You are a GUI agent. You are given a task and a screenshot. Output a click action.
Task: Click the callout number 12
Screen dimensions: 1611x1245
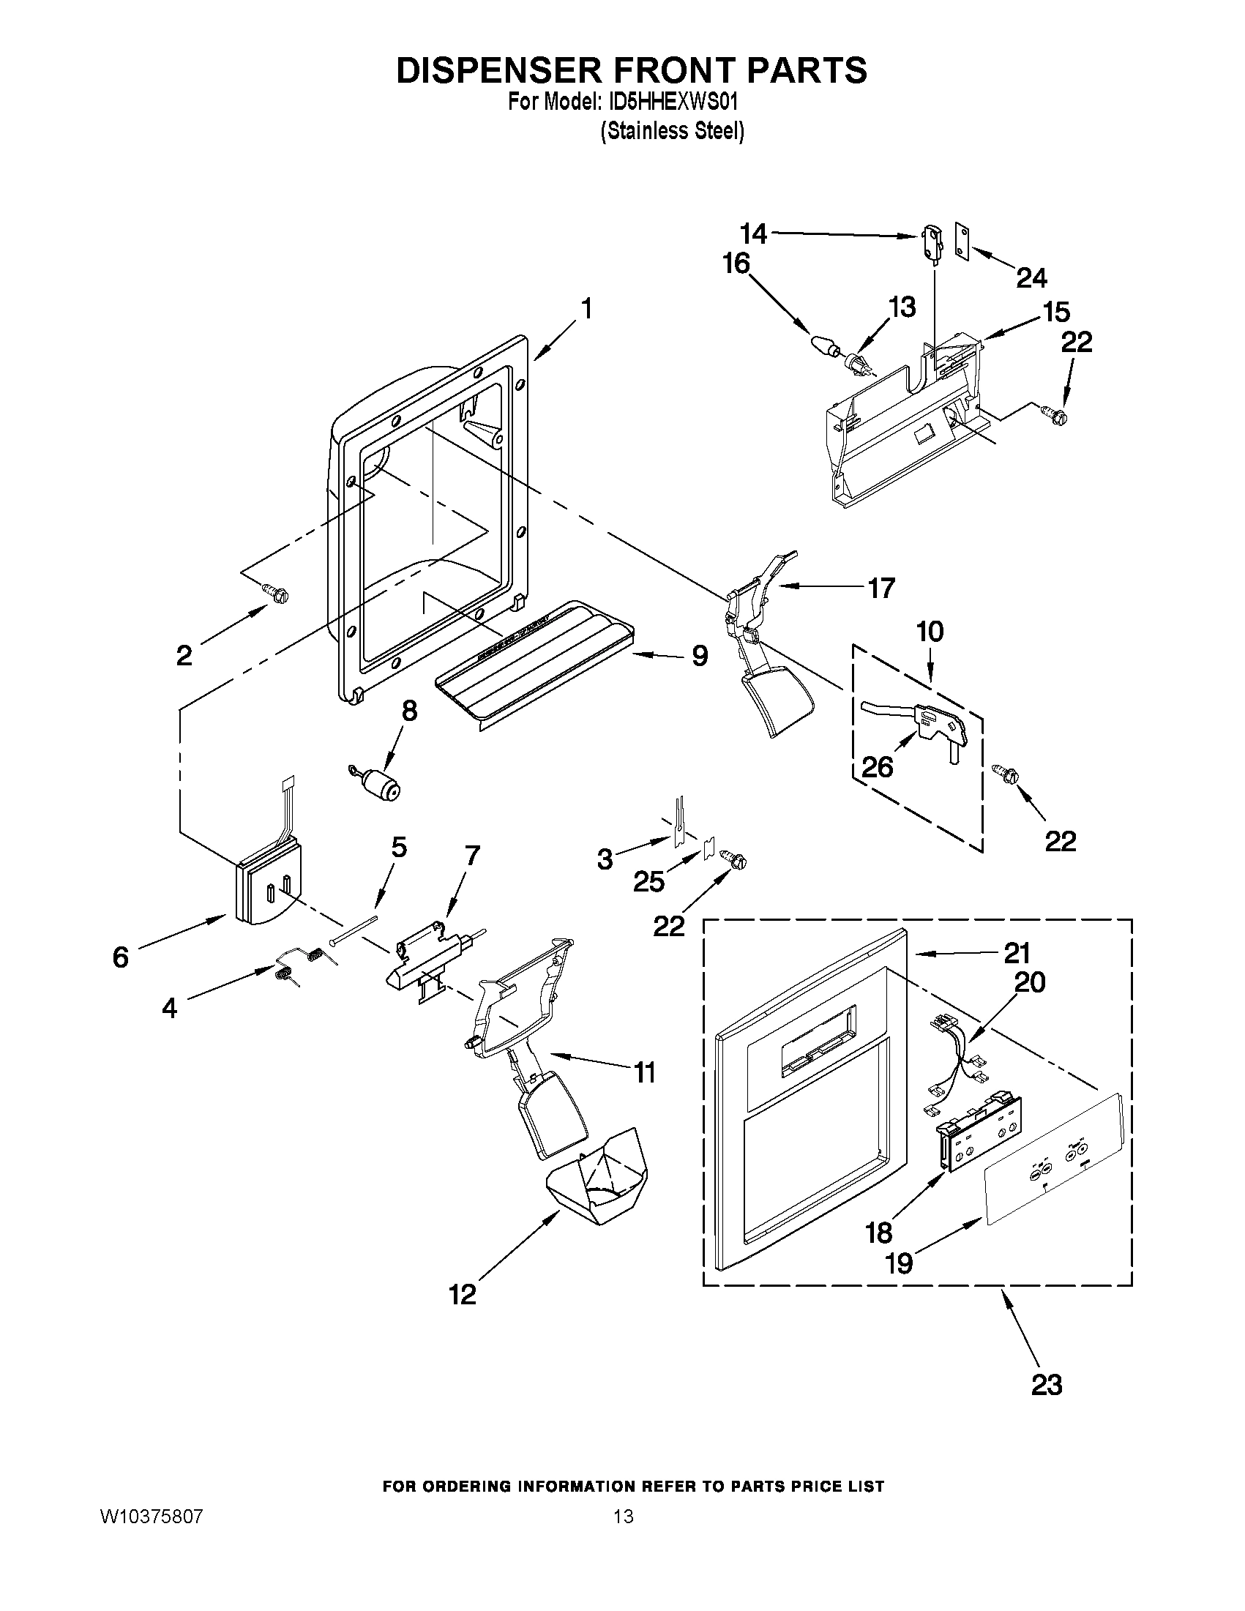[x=463, y=1294]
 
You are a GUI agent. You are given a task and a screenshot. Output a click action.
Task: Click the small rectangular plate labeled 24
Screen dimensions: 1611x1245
[x=962, y=242]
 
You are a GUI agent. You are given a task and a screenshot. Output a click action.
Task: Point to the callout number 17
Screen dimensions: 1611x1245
[x=881, y=587]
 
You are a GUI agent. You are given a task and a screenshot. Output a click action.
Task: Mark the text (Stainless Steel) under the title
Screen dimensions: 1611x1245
[x=672, y=131]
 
